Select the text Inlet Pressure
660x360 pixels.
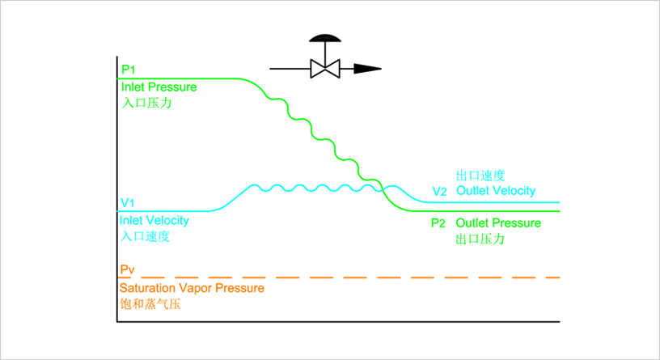click(x=159, y=87)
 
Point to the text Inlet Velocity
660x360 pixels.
click(x=154, y=220)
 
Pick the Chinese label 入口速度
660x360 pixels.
click(x=145, y=237)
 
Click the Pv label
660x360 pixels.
click(x=128, y=269)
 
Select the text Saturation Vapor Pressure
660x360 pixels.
click(x=192, y=287)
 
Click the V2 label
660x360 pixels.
click(x=439, y=192)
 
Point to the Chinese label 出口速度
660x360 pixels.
click(x=480, y=175)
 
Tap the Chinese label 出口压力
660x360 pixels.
click(x=480, y=239)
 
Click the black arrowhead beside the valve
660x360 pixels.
click(x=368, y=69)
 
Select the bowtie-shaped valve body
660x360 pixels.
click(x=325, y=69)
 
